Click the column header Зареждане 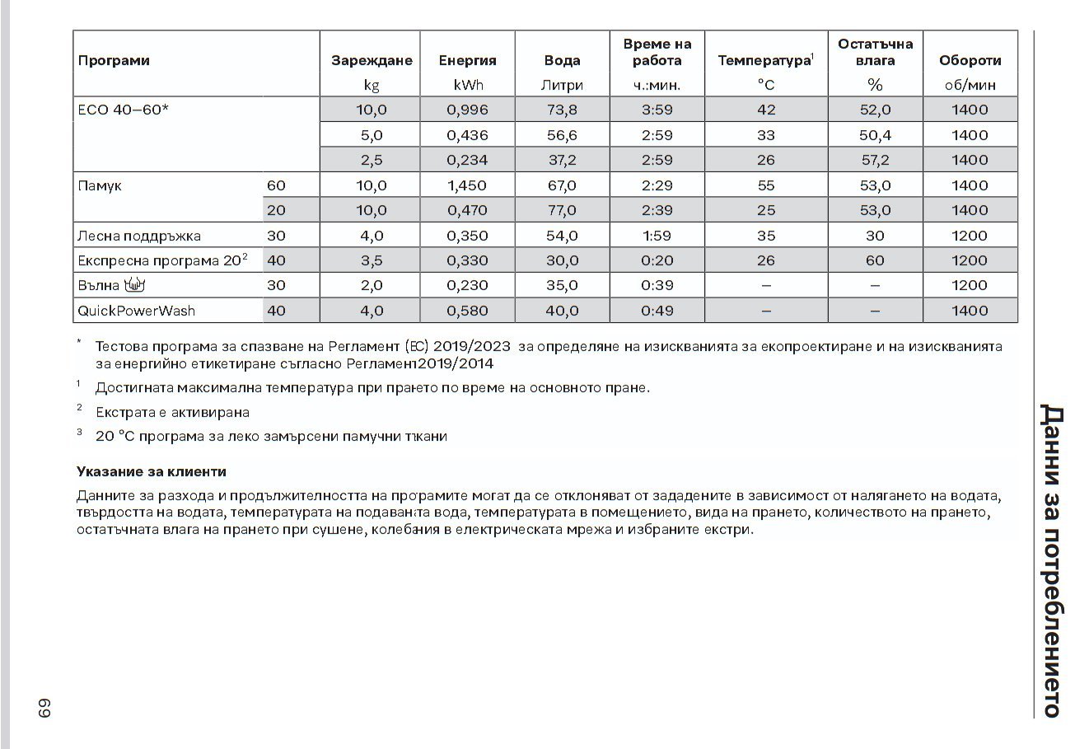(x=372, y=60)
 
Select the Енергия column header (x=467, y=60)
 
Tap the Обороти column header (x=970, y=60)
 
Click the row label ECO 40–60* (x=124, y=110)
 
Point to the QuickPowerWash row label (x=137, y=311)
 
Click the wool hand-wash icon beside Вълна (x=134, y=285)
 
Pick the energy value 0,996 (x=467, y=110)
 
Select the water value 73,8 (x=563, y=110)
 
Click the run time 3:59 (x=657, y=110)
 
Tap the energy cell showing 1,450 (x=467, y=185)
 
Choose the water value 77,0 (x=563, y=210)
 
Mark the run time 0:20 (x=657, y=260)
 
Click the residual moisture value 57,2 (x=875, y=160)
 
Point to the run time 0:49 (x=657, y=311)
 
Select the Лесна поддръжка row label (x=138, y=236)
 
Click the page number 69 (x=43, y=709)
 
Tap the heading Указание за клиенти (x=151, y=472)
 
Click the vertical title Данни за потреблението (x=1051, y=560)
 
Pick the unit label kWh (x=467, y=85)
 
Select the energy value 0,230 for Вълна (x=467, y=285)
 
